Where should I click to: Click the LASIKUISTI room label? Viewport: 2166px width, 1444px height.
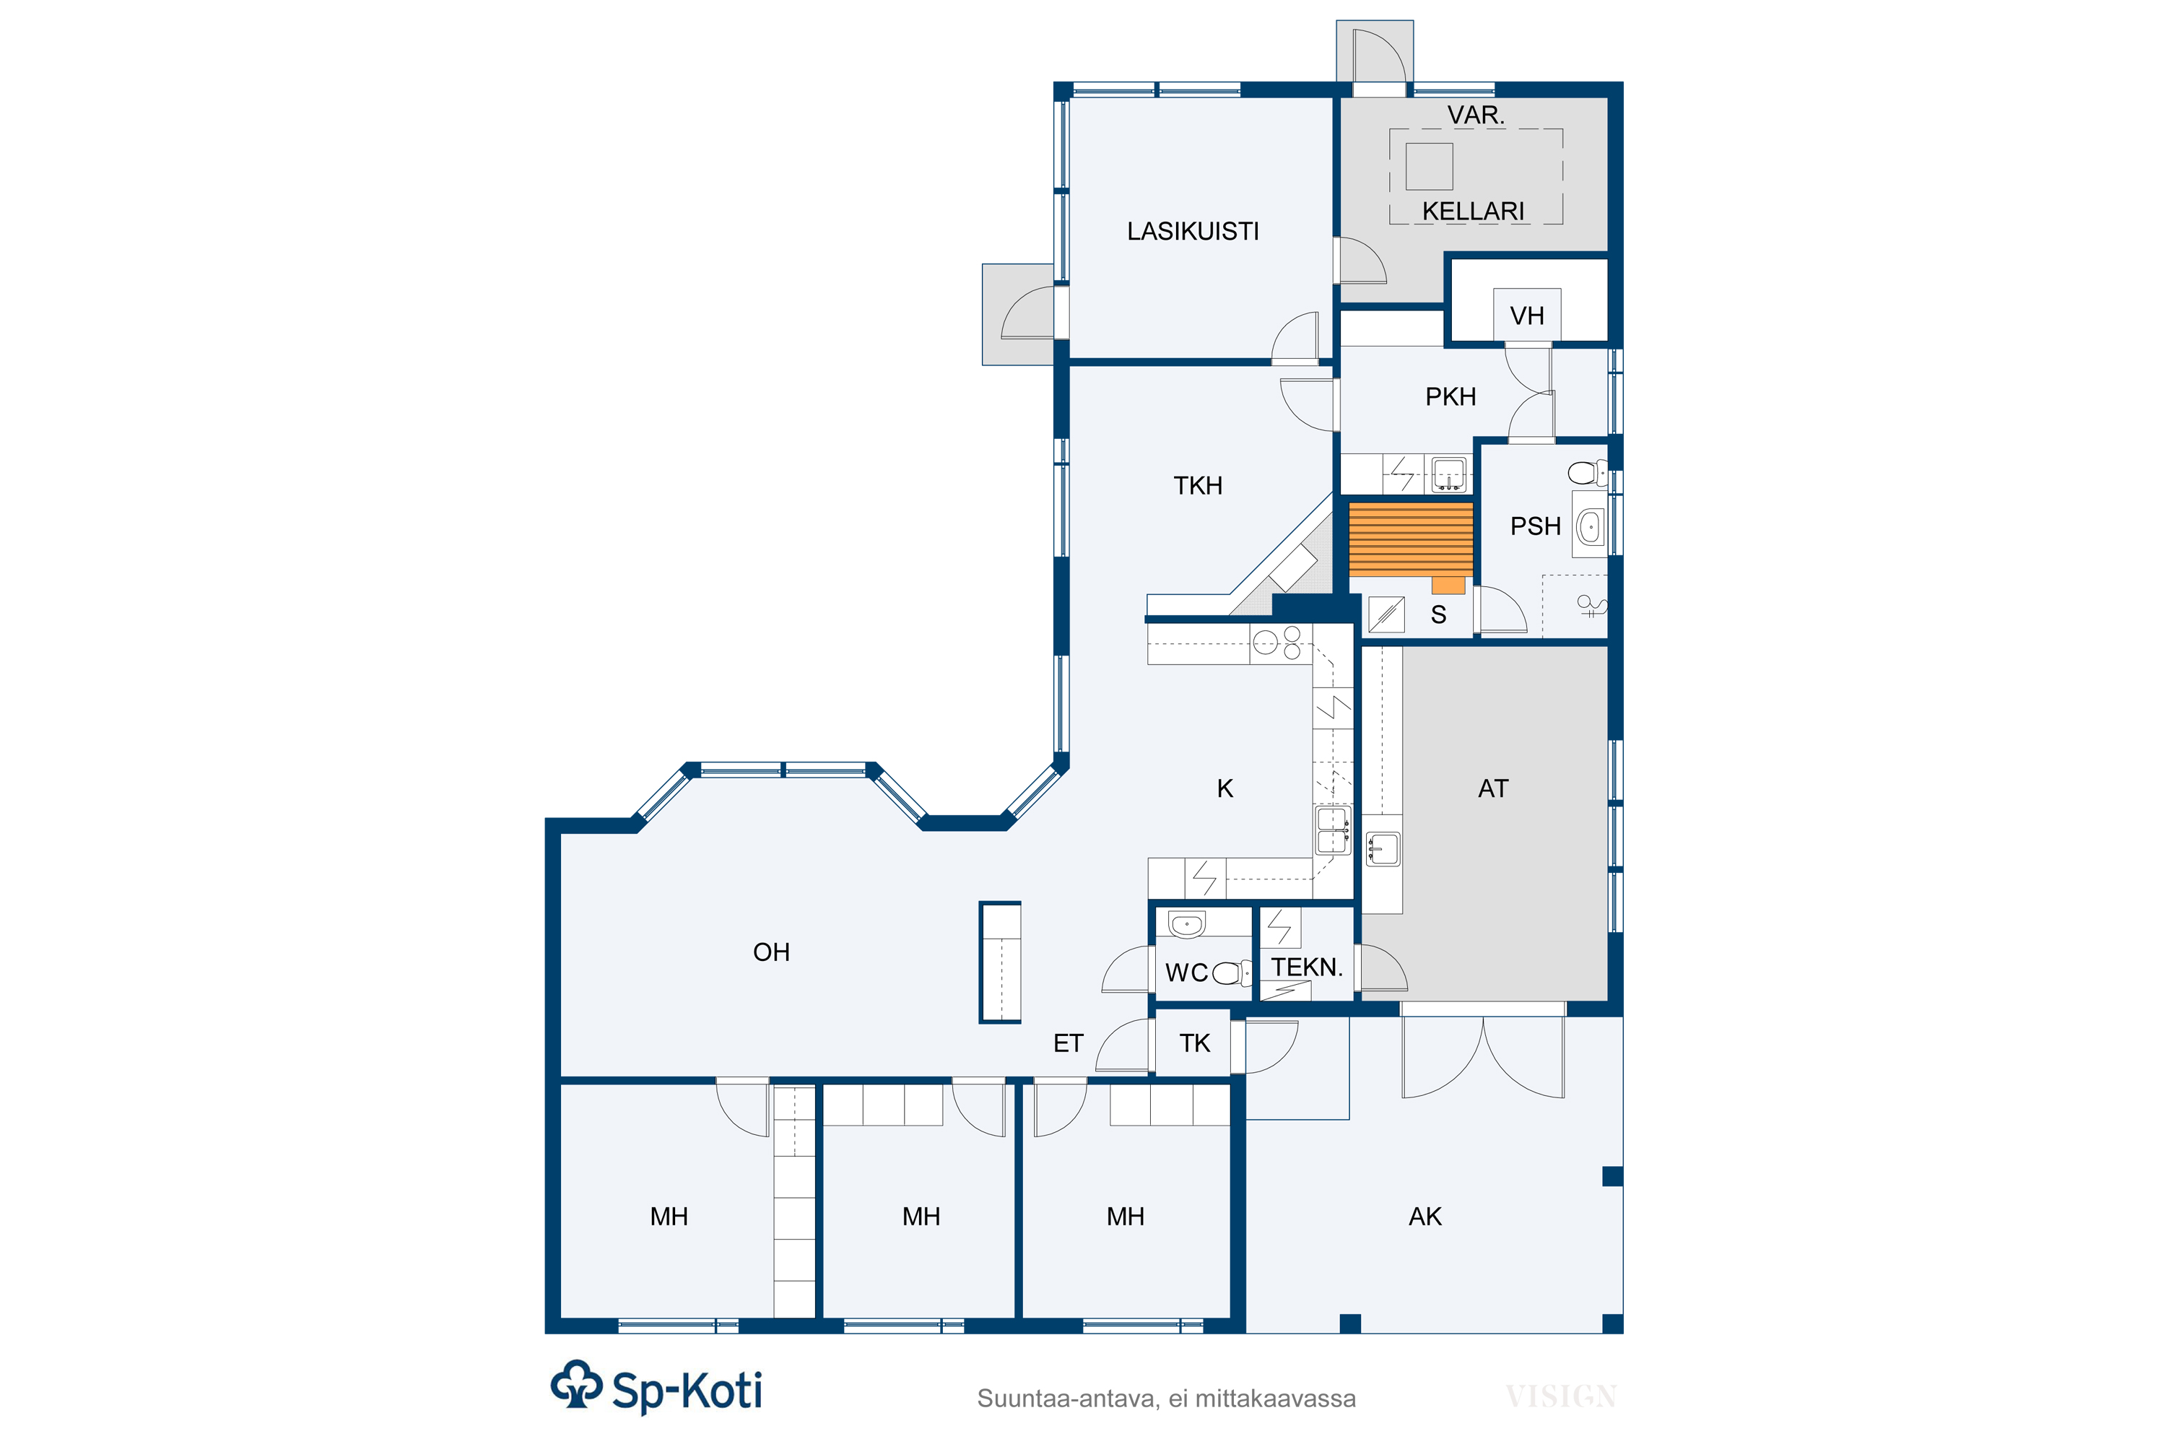pyautogui.click(x=1193, y=231)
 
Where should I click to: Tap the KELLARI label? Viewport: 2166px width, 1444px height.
pyautogui.click(x=1473, y=211)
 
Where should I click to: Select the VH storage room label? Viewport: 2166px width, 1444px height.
pyautogui.click(x=1527, y=316)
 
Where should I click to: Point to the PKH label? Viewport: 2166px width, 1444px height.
pyautogui.click(x=1450, y=397)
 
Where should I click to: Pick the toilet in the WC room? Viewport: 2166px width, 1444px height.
pyautogui.click(x=1231, y=973)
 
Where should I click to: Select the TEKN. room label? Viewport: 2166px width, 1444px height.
pyautogui.click(x=1307, y=967)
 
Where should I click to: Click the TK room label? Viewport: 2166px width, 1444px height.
pyautogui.click(x=1194, y=1043)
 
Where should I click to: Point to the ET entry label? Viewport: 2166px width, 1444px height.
pyautogui.click(x=1069, y=1043)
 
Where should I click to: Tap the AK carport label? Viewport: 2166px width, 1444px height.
pyautogui.click(x=1425, y=1217)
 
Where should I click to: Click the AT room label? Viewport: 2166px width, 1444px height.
pyautogui.click(x=1493, y=788)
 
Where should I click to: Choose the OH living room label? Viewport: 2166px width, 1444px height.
pyautogui.click(x=771, y=952)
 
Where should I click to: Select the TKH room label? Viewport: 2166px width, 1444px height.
pyautogui.click(x=1197, y=485)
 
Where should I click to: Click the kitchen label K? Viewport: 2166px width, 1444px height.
pyautogui.click(x=1225, y=788)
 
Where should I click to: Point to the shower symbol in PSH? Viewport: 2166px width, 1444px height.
pyautogui.click(x=1591, y=606)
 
